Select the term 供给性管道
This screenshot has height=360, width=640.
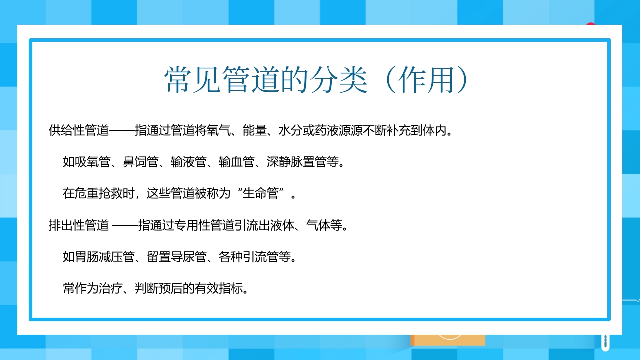click(79, 131)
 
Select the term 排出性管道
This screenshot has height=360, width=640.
click(79, 225)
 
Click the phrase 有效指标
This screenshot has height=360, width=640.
click(224, 289)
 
